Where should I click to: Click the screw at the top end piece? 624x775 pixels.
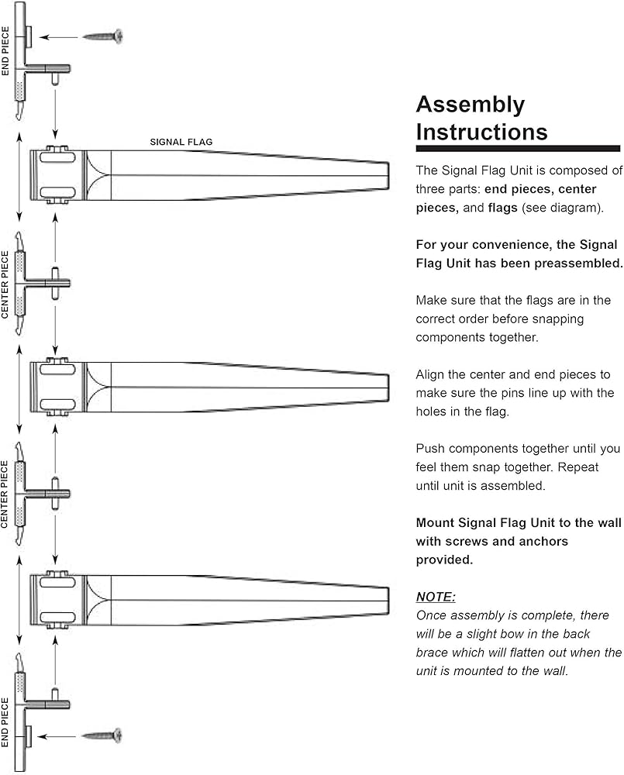click(103, 36)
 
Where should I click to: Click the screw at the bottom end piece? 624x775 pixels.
click(103, 734)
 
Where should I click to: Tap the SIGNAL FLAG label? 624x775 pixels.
click(181, 143)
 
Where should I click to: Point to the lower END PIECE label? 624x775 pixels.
click(5, 722)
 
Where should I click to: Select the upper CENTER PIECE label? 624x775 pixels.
click(5, 284)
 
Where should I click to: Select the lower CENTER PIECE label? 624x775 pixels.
click(5, 494)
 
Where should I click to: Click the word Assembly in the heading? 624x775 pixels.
click(471, 105)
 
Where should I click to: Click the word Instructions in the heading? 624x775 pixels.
click(481, 131)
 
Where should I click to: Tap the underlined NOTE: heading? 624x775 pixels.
click(436, 597)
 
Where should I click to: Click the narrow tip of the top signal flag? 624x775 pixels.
click(387, 175)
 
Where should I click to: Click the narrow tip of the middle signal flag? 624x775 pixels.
click(387, 386)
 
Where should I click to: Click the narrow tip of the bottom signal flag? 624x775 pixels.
click(387, 600)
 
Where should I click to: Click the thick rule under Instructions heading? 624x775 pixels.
click(518, 147)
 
